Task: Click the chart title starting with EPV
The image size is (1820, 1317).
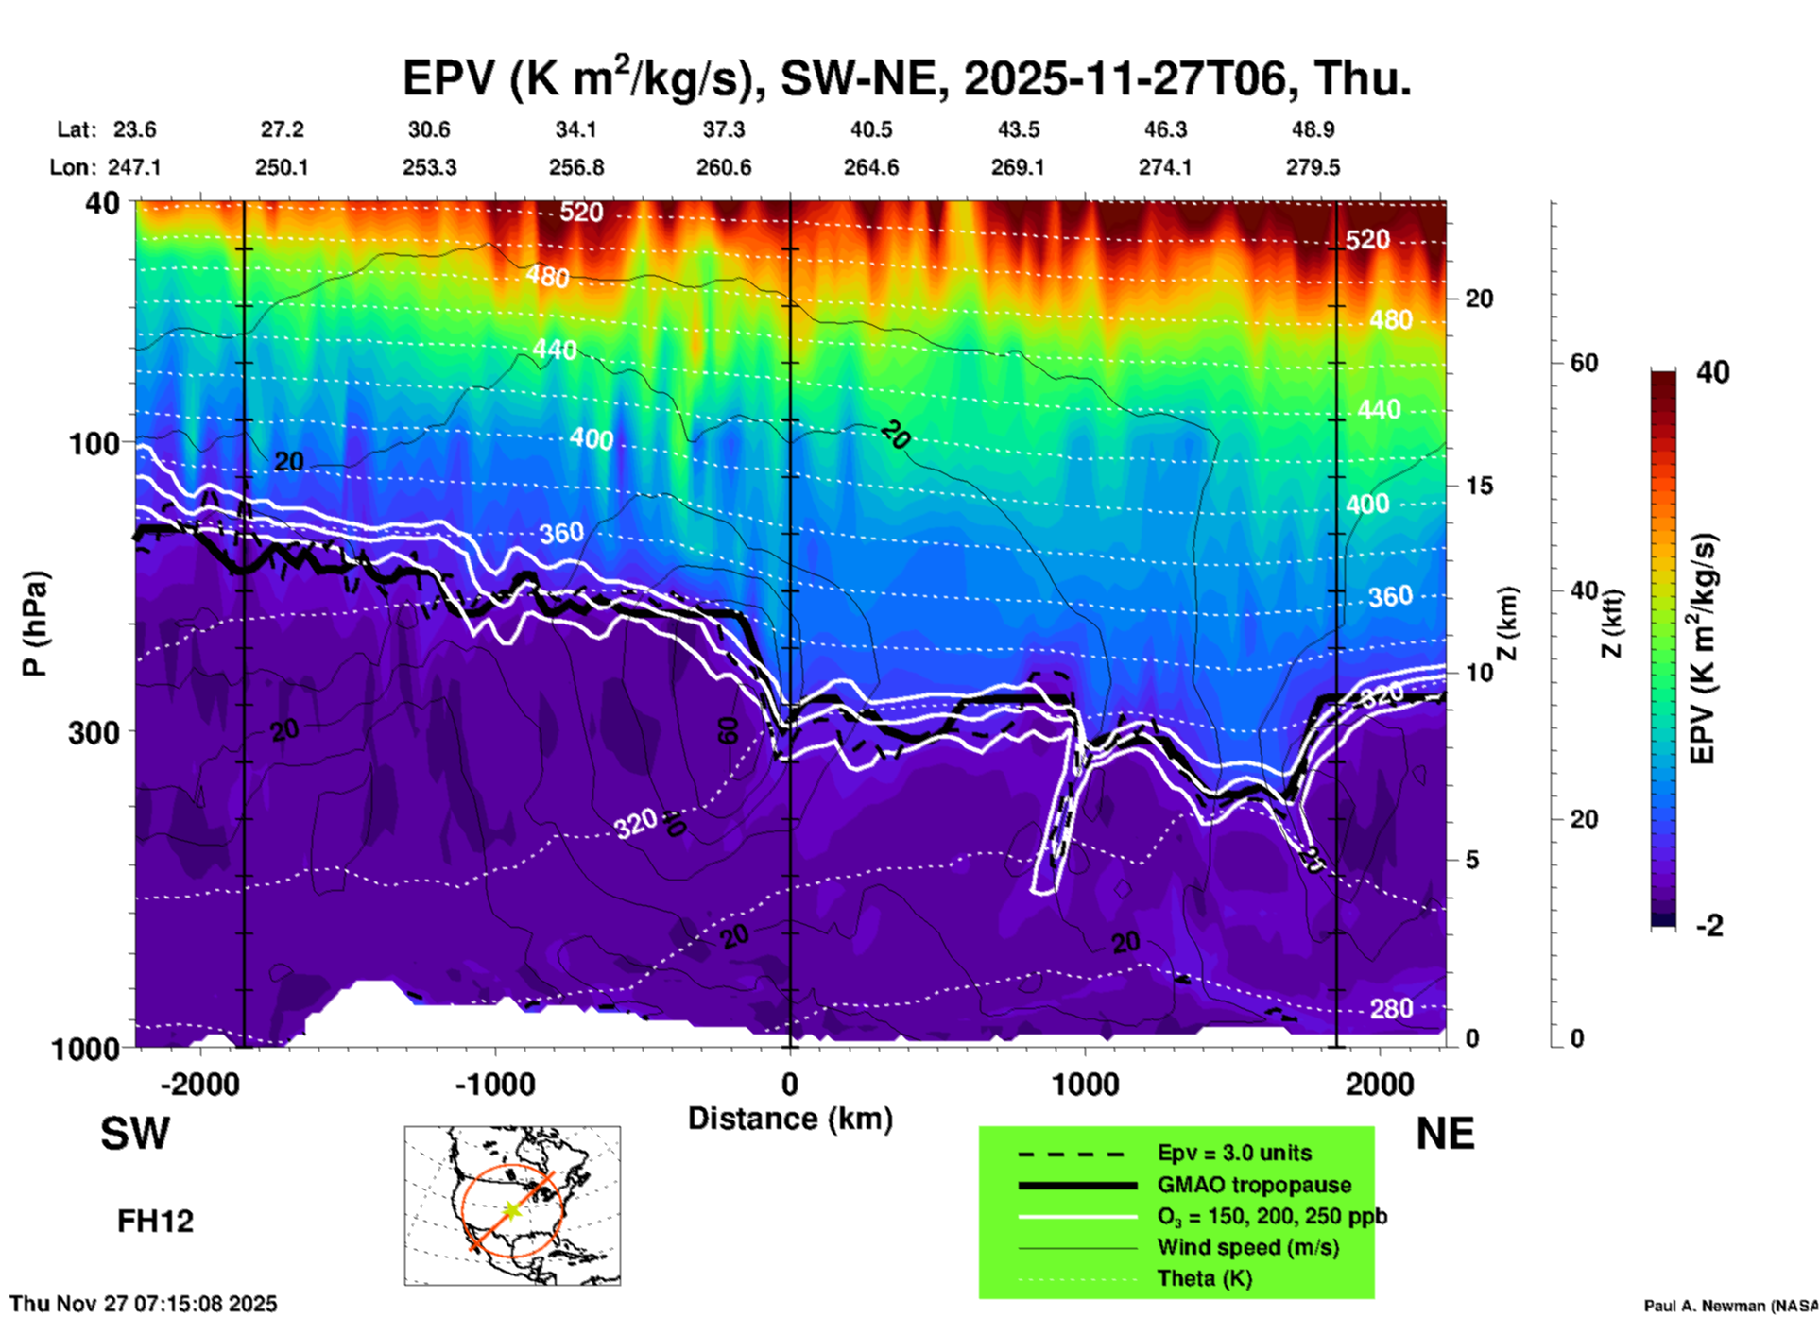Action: [907, 77]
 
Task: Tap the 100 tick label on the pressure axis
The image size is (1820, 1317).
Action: [94, 442]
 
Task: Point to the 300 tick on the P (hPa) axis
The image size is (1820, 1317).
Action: [94, 732]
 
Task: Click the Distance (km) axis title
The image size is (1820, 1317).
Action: [790, 1119]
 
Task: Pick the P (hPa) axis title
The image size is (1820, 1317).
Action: [35, 624]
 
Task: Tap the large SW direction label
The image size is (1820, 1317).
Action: [135, 1134]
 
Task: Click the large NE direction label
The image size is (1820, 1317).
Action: [1445, 1134]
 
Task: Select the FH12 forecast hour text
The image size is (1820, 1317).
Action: [155, 1221]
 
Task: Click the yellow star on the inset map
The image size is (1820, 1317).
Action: [511, 1209]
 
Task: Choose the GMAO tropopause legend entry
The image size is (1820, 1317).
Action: [1254, 1185]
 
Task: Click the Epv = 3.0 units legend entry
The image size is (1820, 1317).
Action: [1234, 1153]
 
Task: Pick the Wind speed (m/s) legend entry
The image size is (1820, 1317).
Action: [1247, 1247]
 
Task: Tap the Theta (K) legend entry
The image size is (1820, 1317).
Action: [1204, 1278]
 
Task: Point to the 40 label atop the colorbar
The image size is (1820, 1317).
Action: [1712, 372]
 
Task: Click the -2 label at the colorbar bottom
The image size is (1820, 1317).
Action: [1710, 926]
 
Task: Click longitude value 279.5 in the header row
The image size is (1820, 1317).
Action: [1313, 167]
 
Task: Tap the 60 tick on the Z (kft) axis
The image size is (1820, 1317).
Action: [1584, 363]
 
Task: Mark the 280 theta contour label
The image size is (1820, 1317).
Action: [1391, 1008]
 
